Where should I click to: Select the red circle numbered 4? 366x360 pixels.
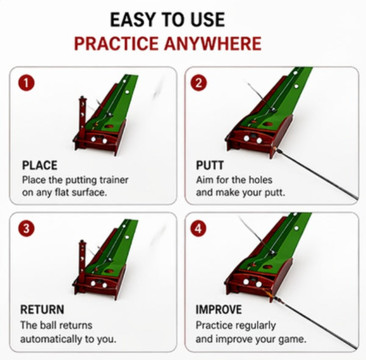(x=198, y=228)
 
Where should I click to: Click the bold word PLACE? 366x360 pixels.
(x=39, y=165)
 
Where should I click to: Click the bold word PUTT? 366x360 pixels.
(x=210, y=165)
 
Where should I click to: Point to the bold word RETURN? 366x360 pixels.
(x=42, y=310)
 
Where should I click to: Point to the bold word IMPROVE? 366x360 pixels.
(x=219, y=310)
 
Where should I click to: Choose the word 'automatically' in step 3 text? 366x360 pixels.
(x=51, y=339)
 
